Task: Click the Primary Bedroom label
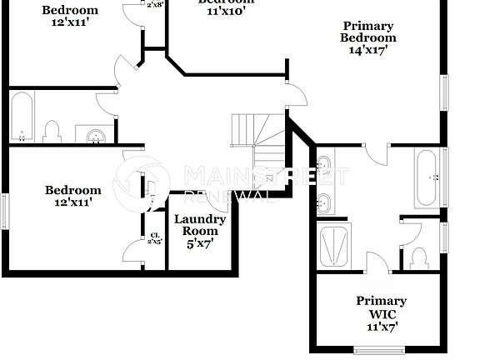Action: [368, 32]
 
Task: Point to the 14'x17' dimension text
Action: [368, 50]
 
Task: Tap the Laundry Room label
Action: [199, 225]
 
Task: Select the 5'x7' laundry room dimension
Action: [199, 243]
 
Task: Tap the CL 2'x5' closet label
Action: [155, 239]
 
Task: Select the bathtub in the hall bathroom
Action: [22, 117]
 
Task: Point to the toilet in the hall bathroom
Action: [52, 131]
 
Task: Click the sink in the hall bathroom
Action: [93, 133]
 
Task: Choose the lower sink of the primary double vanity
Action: [324, 201]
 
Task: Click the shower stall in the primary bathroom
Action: [334, 244]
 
